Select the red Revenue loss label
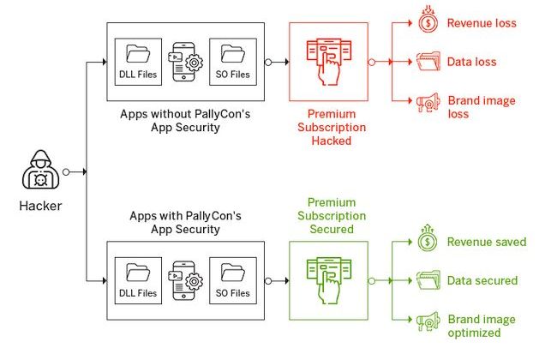pyautogui.click(x=482, y=23)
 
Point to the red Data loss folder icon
pyautogui.click(x=427, y=62)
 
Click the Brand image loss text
pyautogui.click(x=482, y=107)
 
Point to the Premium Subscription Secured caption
pyautogui.click(x=330, y=216)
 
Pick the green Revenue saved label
pyautogui.click(x=486, y=242)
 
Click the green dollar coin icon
pyautogui.click(x=427, y=241)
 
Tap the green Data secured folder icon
pyautogui.click(x=427, y=280)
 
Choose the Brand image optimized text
pyautogui.click(x=482, y=326)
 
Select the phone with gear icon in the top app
pyautogui.click(x=187, y=62)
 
